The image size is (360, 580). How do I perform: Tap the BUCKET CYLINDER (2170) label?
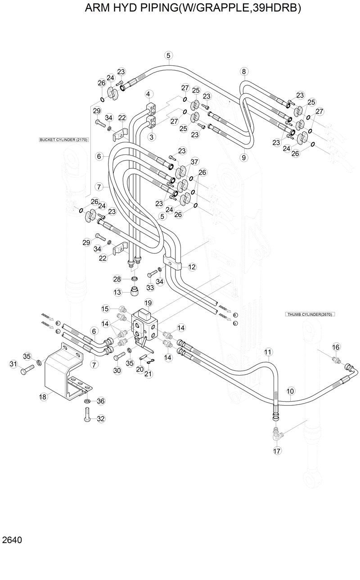pos(63,140)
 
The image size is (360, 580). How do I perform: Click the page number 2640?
pos(12,539)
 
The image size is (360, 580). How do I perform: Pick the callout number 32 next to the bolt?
pos(101,418)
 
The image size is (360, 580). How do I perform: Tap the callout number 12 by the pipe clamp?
pos(192,267)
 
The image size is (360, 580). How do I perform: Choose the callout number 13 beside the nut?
pos(117,292)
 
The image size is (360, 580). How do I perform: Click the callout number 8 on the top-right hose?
pos(244,72)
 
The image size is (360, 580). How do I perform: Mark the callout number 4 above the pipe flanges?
pos(148,94)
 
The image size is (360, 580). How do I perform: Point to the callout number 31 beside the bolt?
pos(13,364)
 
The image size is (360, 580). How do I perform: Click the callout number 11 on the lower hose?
pos(268,352)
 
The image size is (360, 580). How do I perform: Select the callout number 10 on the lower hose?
pos(290,391)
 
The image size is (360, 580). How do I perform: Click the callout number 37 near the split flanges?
pos(194,162)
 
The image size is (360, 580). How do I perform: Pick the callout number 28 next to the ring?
pos(117,279)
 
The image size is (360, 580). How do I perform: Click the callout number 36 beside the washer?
pos(101,401)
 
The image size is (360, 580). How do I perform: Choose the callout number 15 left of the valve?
pos(105,308)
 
